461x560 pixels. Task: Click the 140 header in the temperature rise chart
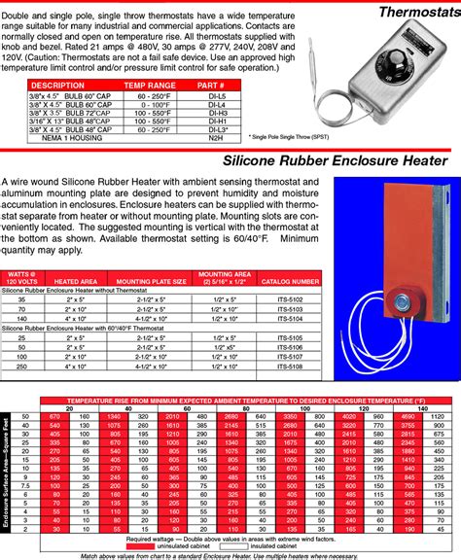point(423,409)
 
